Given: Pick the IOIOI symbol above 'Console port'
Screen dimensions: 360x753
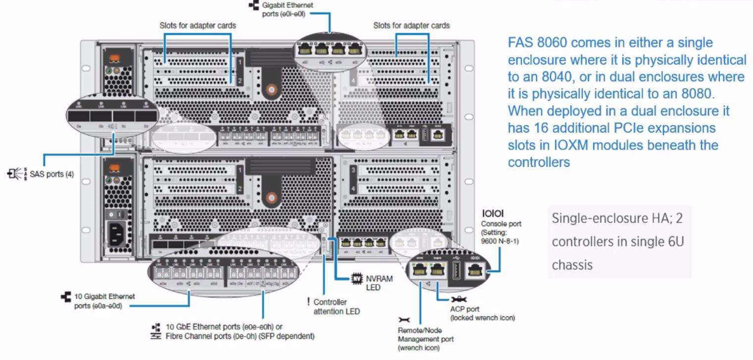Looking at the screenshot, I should (492, 214).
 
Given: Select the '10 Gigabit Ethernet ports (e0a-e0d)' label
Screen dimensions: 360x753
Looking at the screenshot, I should (104, 301).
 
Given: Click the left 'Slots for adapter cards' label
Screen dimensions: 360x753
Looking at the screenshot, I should (198, 25).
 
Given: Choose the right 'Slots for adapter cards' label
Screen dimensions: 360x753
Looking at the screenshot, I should (411, 25).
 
